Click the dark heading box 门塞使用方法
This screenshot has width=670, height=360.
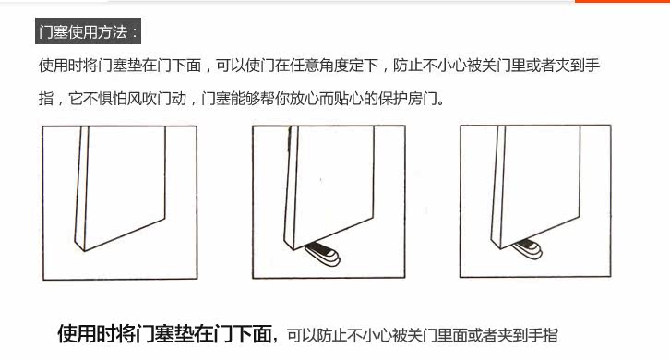point(88,30)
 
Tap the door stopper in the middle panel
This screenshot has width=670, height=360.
point(323,253)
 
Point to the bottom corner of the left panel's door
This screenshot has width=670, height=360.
point(84,250)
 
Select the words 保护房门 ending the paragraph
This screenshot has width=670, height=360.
point(408,99)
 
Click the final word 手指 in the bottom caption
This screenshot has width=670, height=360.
point(543,335)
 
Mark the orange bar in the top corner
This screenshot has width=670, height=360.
point(623,1)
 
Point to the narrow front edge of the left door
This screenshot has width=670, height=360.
point(82,188)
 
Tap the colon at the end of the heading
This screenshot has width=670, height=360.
point(135,32)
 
